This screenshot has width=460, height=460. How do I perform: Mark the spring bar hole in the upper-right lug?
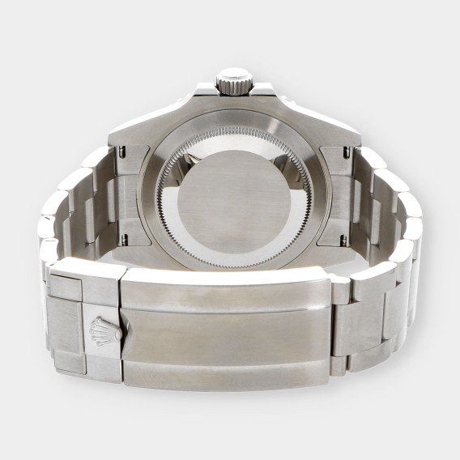[x=347, y=151]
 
